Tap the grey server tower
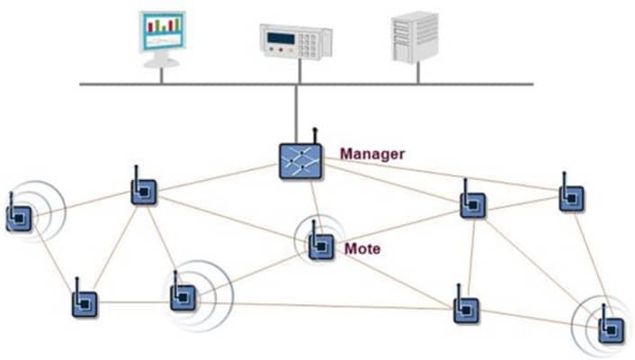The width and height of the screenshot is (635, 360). (x=416, y=37)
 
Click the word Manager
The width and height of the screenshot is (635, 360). (x=371, y=154)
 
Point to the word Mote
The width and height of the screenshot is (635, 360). (x=362, y=247)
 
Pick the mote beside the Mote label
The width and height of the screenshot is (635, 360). (x=320, y=246)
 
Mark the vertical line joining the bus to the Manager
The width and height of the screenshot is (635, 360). (x=299, y=113)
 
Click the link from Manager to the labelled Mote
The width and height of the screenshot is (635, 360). (x=310, y=202)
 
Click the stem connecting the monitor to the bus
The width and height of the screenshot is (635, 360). (x=162, y=76)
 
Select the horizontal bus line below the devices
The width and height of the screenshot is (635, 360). (x=225, y=85)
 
